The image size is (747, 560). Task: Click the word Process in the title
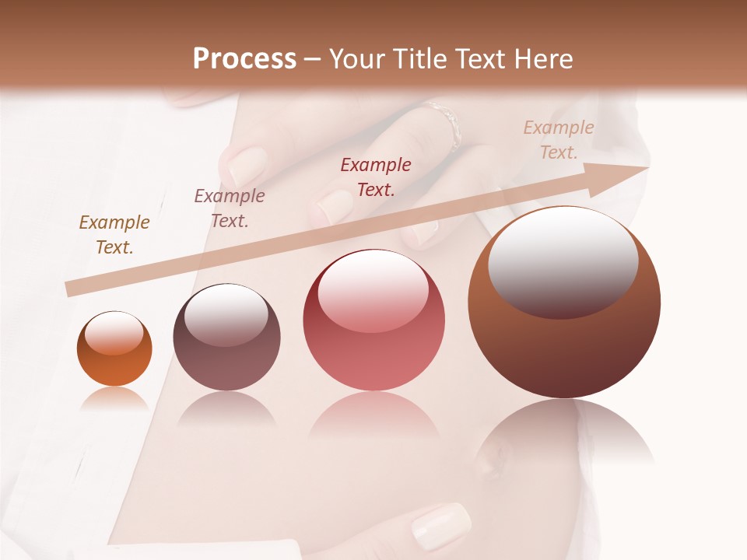pyautogui.click(x=244, y=59)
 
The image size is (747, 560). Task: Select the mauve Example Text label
pyautogui.click(x=230, y=208)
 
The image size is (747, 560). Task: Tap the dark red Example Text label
pyautogui.click(x=376, y=177)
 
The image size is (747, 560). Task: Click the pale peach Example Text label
pyautogui.click(x=559, y=140)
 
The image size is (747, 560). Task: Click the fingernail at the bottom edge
pyautogui.click(x=440, y=526)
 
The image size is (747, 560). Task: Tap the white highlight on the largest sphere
pyautogui.click(x=563, y=261)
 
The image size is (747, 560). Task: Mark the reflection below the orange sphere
pyautogui.click(x=114, y=400)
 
